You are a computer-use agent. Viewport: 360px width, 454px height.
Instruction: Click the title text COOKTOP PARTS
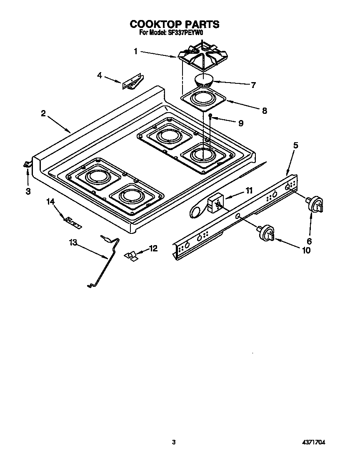tap(174, 24)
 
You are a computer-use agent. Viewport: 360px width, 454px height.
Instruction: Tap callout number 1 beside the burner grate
tap(136, 51)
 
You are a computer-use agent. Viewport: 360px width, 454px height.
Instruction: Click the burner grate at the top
tap(202, 56)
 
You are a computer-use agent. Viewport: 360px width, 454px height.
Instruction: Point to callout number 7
tap(253, 85)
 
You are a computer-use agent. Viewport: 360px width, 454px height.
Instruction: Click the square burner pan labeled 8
tap(203, 100)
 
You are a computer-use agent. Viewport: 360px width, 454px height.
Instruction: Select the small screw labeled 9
tap(211, 115)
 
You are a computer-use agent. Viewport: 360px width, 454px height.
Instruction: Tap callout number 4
tap(100, 75)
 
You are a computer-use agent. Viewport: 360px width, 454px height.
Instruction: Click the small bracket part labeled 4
tap(132, 82)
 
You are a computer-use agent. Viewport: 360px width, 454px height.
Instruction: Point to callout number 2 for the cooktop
tap(43, 113)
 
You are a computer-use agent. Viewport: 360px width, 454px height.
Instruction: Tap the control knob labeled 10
tap(267, 233)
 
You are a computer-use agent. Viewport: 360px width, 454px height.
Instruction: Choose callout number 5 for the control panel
tap(295, 145)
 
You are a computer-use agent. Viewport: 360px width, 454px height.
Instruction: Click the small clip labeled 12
tap(132, 256)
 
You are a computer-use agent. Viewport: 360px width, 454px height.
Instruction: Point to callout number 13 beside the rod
tap(73, 243)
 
